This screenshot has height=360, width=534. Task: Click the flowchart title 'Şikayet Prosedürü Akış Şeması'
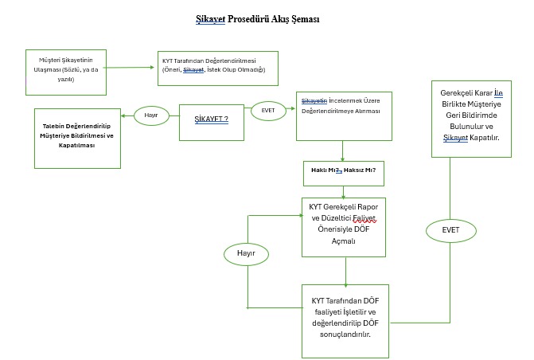(263, 18)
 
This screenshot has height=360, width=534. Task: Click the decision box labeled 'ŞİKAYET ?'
(212, 119)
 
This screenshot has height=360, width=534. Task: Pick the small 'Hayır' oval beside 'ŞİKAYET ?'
(151, 115)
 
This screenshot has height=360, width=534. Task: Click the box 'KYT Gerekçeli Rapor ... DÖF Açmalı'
(344, 226)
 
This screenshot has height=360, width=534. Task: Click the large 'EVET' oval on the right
(452, 230)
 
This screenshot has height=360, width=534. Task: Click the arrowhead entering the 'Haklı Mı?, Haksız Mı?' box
(342, 160)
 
